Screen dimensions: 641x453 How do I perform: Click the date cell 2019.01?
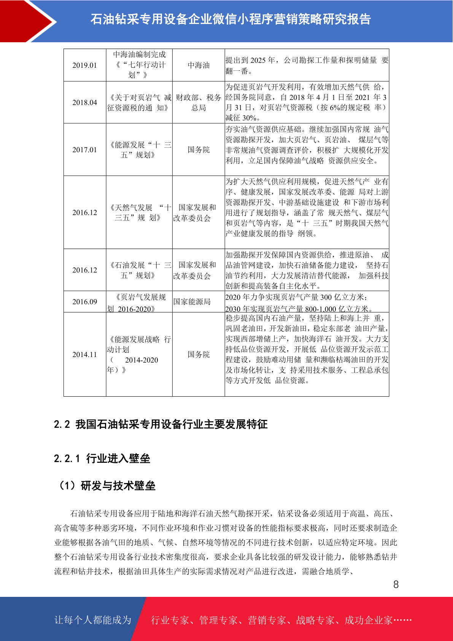pos(84,65)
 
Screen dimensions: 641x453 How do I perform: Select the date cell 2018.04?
pos(84,102)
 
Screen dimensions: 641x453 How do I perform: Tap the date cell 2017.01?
pos(84,150)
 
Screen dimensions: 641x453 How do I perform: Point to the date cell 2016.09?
pos(84,302)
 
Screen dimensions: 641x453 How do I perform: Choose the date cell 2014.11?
pos(84,354)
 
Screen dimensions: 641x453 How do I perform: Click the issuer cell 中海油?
pos(199,65)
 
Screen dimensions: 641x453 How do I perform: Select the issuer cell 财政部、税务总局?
pos(199,103)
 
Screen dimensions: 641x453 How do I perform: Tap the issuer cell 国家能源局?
pos(192,302)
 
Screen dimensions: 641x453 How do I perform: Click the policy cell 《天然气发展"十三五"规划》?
pos(139,212)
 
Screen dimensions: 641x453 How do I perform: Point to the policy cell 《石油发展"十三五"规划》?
pos(139,270)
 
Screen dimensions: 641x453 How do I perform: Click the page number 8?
pos(396,585)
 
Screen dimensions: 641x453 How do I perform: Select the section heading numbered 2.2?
pos(161,424)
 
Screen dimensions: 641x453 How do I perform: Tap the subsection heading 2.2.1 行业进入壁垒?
pos(102,458)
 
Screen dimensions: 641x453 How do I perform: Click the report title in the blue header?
pos(230,19)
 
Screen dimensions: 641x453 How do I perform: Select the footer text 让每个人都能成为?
pos(93,620)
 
